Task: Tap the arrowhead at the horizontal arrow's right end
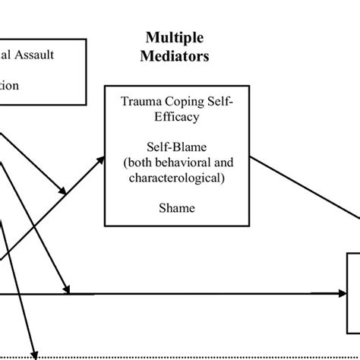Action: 342,292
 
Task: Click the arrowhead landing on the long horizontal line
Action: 68,289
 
